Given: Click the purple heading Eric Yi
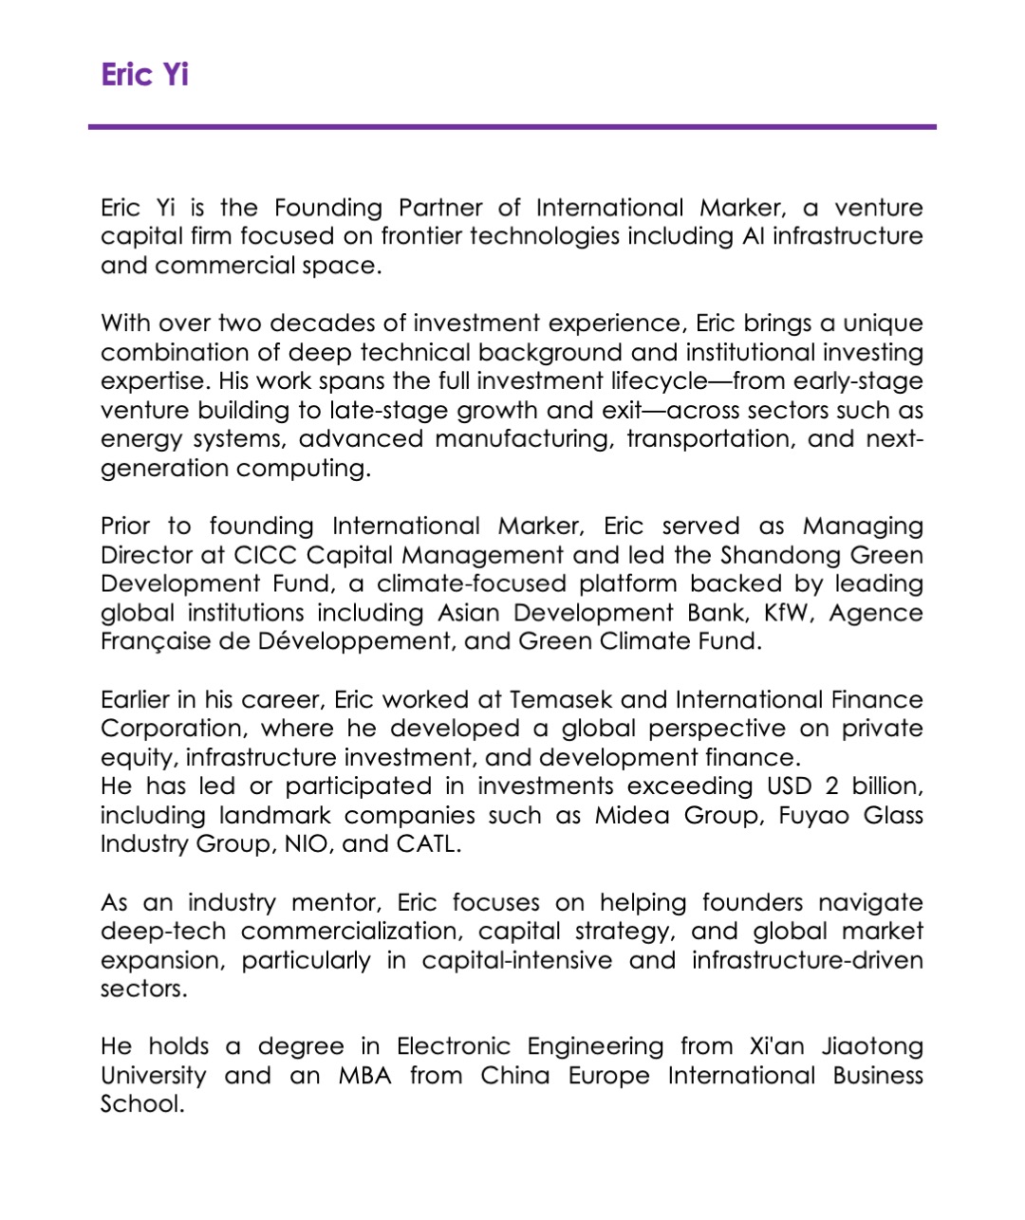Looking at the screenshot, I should click(144, 74).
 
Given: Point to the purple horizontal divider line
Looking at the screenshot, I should click(512, 126).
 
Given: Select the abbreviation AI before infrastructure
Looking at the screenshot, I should click(752, 236).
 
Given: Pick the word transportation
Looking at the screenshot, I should click(710, 439).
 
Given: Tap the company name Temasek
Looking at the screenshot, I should click(560, 700).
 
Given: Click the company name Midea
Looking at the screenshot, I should click(632, 816).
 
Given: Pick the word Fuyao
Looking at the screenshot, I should click(814, 816).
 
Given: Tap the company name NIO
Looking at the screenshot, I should click(305, 844).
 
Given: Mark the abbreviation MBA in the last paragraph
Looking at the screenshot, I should click(365, 1076).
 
